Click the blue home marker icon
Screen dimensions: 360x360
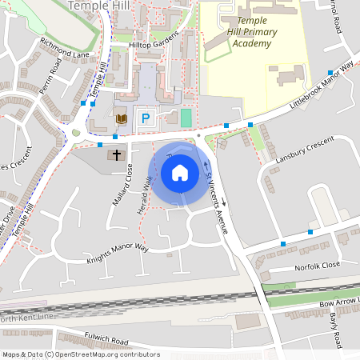point(180,173)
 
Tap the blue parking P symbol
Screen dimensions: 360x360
point(146,118)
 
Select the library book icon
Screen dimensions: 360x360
point(122,119)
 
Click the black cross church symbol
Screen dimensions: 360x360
point(117,154)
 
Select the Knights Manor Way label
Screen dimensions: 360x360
point(118,254)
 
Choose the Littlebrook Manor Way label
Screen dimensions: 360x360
point(322,94)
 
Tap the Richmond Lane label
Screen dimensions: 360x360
point(65,47)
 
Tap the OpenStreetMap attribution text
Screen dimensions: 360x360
point(80,354)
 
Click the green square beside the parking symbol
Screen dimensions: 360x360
point(186,118)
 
